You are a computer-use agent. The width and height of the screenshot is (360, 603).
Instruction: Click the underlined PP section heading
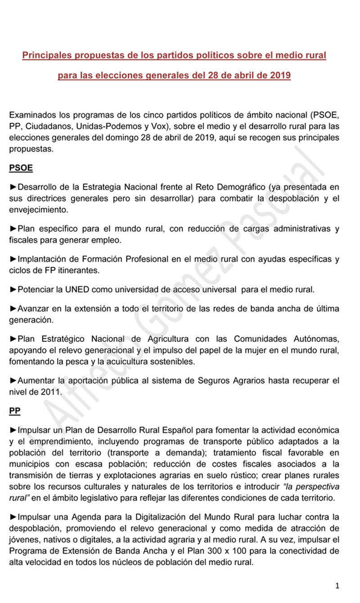coord(15,411)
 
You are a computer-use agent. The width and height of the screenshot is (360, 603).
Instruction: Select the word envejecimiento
coord(38,209)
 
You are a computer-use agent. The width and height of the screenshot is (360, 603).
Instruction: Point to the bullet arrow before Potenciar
coord(13,289)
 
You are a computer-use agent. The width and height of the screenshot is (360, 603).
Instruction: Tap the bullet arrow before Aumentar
coord(13,380)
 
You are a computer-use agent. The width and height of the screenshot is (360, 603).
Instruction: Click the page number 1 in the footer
coord(337,585)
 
